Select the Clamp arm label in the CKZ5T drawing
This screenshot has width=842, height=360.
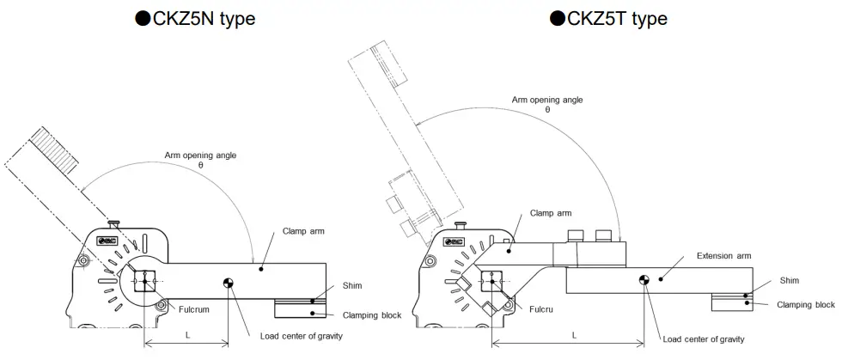click(x=550, y=212)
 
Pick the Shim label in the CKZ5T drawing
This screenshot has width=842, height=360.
click(x=789, y=280)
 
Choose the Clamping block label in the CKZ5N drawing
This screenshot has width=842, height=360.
click(x=372, y=315)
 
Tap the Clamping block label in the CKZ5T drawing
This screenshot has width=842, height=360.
click(x=805, y=304)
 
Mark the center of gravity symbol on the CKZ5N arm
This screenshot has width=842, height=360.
click(x=229, y=283)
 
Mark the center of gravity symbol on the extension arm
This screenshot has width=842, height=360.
click(x=644, y=278)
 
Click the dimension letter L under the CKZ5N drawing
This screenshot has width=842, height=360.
click(x=187, y=335)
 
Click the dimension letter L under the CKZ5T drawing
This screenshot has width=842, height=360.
click(x=573, y=335)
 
